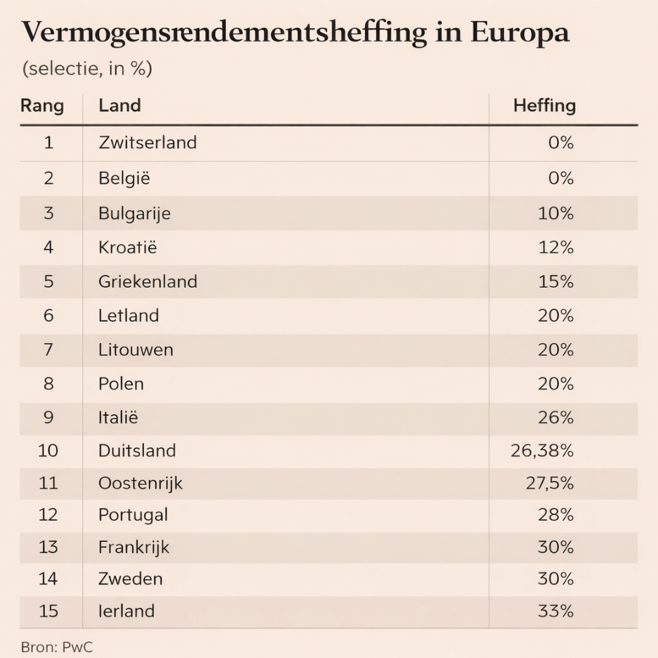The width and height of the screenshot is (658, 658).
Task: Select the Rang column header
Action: click(x=42, y=106)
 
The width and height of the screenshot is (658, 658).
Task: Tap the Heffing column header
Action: click(x=544, y=106)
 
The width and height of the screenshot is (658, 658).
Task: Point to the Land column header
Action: click(x=119, y=106)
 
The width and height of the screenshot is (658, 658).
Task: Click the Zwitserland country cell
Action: click(x=148, y=143)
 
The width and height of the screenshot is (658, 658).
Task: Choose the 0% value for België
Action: click(x=561, y=178)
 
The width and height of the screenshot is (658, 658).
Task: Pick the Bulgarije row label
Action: click(x=135, y=214)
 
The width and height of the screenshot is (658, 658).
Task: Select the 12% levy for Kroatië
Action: click(x=556, y=248)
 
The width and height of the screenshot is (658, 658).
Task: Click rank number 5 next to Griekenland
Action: click(x=49, y=281)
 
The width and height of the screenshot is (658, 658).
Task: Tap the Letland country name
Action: click(x=129, y=316)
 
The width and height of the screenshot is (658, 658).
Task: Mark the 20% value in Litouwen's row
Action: click(x=556, y=350)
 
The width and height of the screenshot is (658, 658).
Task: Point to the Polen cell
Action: click(x=121, y=384)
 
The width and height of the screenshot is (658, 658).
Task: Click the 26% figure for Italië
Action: click(x=556, y=418)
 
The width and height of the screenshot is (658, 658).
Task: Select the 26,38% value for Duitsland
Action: click(x=542, y=451)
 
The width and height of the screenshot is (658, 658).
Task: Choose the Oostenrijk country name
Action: click(x=140, y=483)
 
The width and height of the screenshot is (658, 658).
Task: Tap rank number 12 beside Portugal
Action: click(x=48, y=515)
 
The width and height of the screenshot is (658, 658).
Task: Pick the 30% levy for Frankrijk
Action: click(x=556, y=547)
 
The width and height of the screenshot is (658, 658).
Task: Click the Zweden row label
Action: click(x=130, y=579)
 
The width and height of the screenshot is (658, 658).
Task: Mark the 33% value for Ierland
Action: click(x=556, y=611)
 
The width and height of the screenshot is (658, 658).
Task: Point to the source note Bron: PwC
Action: click(x=57, y=646)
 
